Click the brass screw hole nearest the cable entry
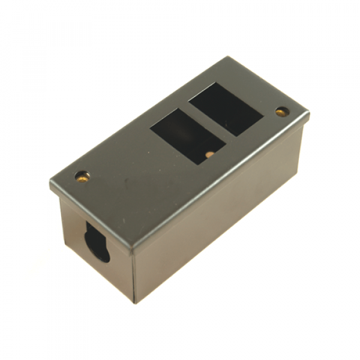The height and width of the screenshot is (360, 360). [x=82, y=176]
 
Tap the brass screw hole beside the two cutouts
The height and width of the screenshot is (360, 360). [x=280, y=112]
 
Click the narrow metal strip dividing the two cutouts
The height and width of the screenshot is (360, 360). [x=206, y=123]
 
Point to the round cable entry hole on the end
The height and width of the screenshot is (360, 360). [x=99, y=242]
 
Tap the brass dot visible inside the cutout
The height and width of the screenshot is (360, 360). [x=208, y=154]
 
